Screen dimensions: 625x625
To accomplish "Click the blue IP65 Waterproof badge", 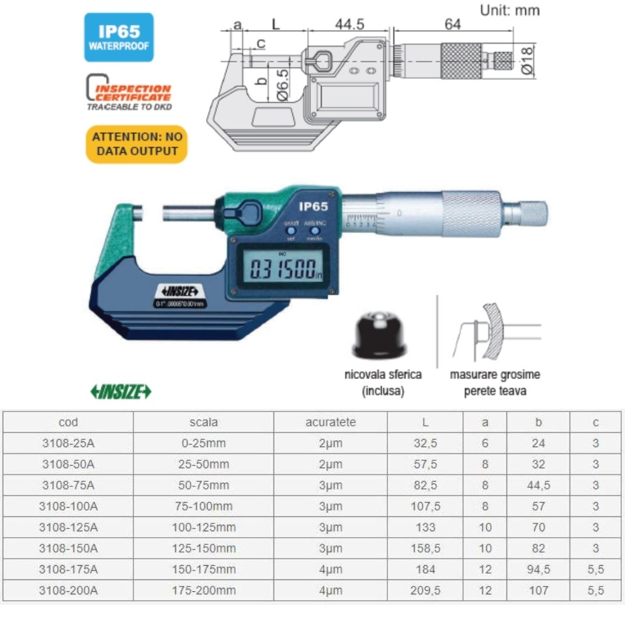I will [x=118, y=37].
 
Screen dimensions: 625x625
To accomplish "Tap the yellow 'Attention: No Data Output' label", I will [x=136, y=144].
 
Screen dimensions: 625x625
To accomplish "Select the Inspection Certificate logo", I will [x=129, y=92].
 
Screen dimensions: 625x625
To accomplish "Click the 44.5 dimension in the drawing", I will [x=350, y=25].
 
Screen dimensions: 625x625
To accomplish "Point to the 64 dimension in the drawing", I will [x=452, y=24].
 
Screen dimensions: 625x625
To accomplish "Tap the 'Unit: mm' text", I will [x=509, y=10].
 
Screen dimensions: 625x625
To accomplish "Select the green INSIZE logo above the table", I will [x=120, y=391].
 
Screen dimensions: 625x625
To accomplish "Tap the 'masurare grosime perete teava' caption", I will [x=495, y=383].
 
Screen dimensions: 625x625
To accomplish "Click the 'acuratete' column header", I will [x=330, y=422].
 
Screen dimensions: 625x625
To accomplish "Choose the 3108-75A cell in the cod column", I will [x=68, y=485].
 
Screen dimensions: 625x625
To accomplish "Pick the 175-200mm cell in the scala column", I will [x=203, y=590].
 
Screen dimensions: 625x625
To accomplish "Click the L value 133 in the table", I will [x=424, y=527].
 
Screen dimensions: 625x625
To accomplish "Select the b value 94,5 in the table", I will [x=538, y=570].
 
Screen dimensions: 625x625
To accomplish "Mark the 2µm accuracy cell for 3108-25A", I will [x=330, y=443].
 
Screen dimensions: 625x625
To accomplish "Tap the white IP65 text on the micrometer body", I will [x=312, y=206].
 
